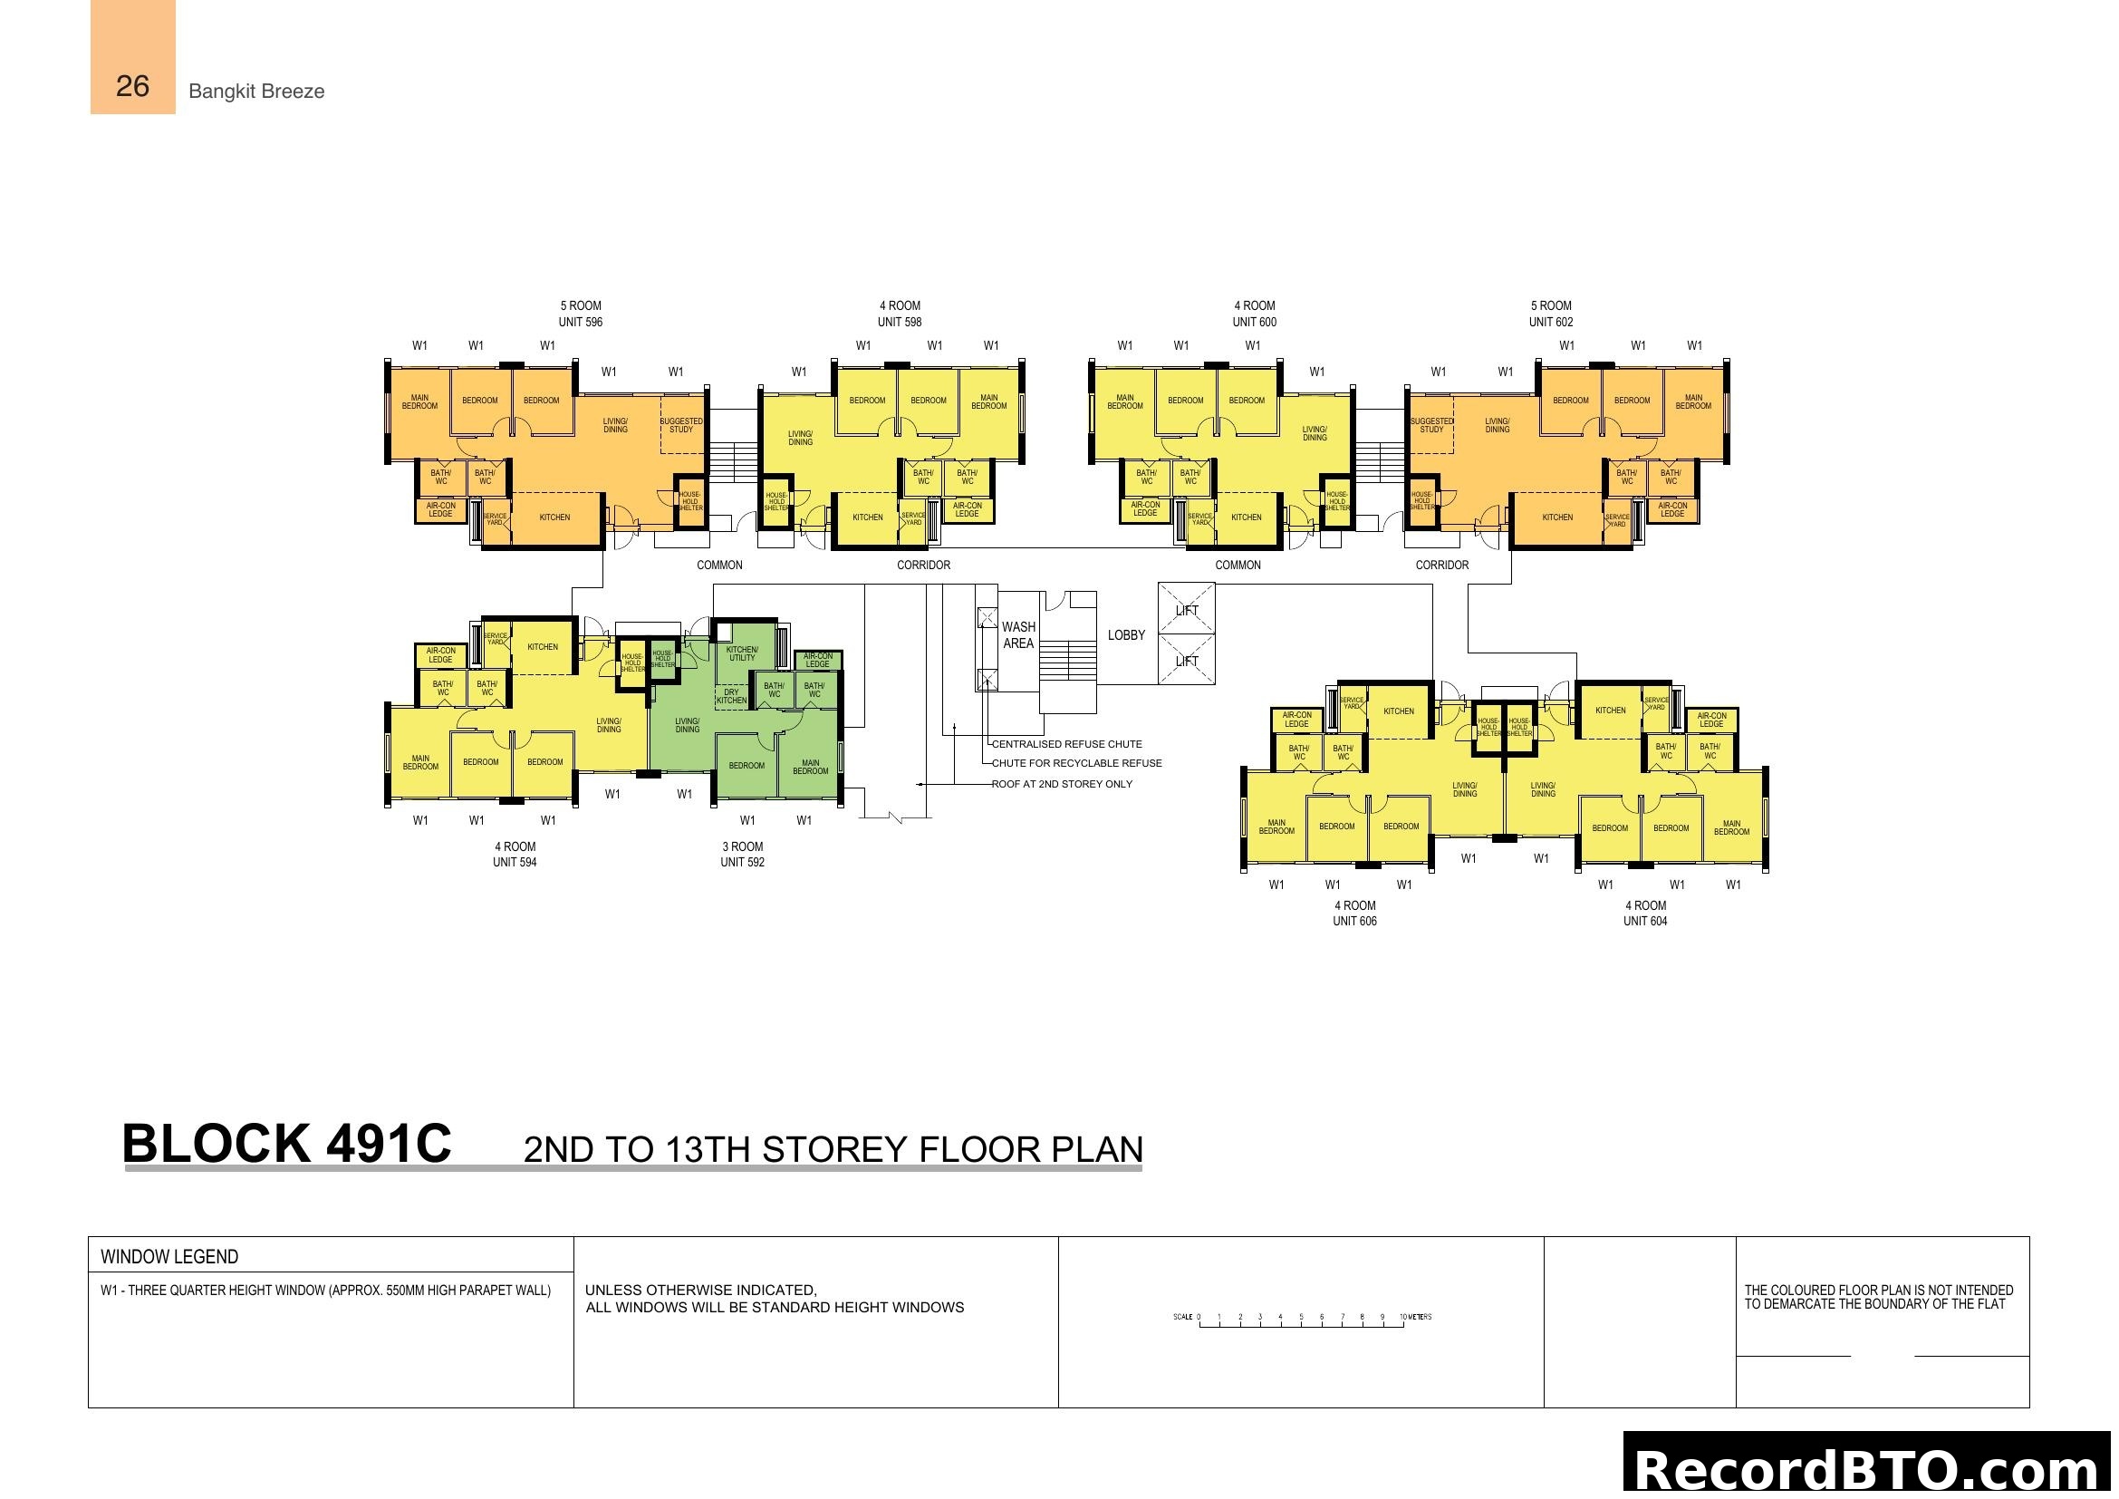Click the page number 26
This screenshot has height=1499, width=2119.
[132, 86]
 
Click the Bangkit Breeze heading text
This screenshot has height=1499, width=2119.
[255, 92]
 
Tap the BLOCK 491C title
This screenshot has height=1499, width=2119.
[286, 1145]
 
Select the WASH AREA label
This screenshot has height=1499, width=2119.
[1018, 635]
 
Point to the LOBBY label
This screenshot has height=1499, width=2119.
[1126, 635]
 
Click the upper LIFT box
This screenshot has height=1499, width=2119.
[1186, 609]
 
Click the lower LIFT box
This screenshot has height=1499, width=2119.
[1186, 660]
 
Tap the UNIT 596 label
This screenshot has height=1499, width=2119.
[580, 322]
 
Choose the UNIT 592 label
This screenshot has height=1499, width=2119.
[742, 862]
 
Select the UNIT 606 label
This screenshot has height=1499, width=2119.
[1353, 921]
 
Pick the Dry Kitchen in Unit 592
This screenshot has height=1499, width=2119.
[731, 696]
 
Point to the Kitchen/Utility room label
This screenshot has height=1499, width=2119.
[742, 653]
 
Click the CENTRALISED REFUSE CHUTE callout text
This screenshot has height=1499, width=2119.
[1066, 744]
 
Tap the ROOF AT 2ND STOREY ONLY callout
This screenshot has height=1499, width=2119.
[1062, 784]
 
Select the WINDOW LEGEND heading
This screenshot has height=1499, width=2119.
[169, 1256]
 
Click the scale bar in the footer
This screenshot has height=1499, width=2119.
[1301, 1319]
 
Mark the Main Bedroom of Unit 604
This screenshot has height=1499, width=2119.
[1731, 828]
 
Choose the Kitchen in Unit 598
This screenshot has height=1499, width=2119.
[867, 517]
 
